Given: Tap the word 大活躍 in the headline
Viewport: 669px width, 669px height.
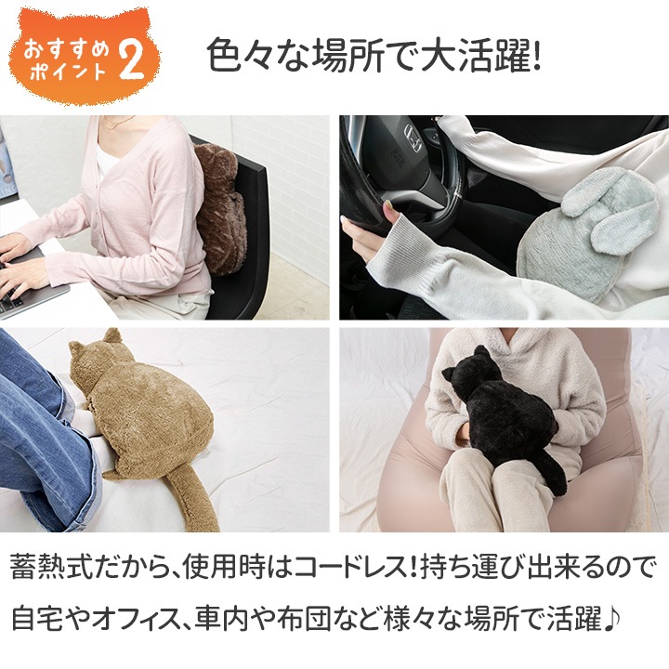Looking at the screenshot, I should coord(473,59).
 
